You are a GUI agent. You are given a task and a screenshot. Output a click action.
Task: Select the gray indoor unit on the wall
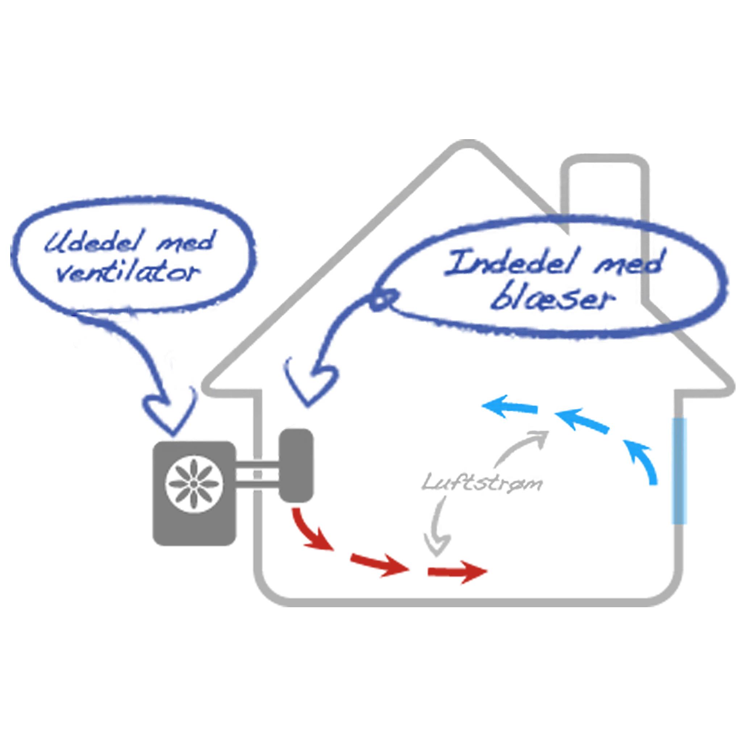pyautogui.click(x=296, y=465)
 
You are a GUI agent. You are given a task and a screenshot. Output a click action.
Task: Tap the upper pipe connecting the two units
pyautogui.click(x=257, y=465)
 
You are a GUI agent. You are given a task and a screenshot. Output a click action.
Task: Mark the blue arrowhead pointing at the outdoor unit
pyautogui.click(x=169, y=413)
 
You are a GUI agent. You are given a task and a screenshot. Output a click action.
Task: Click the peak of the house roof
pyautogui.click(x=467, y=144)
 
